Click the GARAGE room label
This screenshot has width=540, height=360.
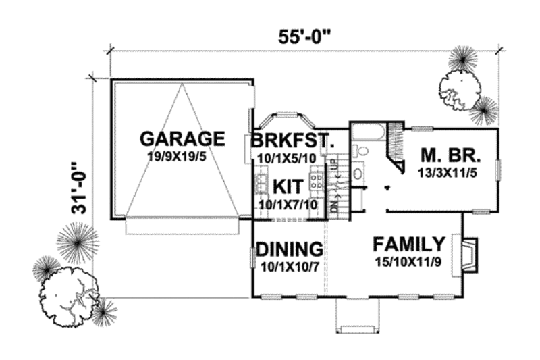click(182, 139)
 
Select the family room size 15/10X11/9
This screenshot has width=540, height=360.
click(409, 261)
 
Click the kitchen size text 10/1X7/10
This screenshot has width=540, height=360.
click(287, 202)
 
